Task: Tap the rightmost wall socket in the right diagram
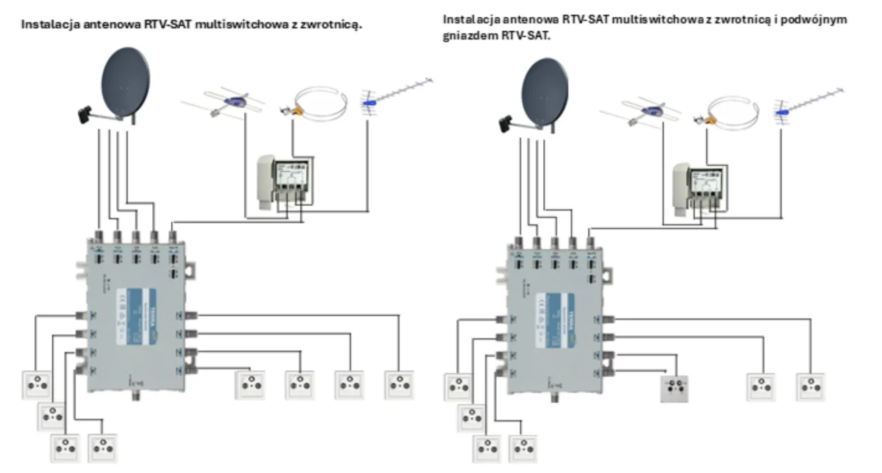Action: click(x=811, y=387)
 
